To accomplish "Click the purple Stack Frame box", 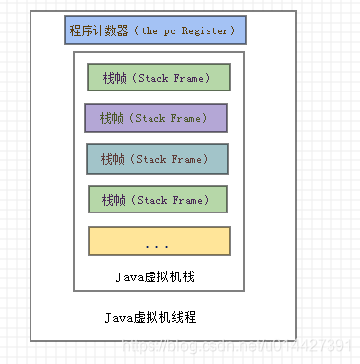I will click(155, 118).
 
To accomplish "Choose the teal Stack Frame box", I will click(156, 158).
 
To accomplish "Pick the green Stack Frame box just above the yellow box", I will click(157, 199).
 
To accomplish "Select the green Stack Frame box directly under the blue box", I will click(157, 78).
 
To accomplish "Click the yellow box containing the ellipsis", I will click(158, 241).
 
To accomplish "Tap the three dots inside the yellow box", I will click(157, 243).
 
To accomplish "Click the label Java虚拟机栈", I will click(157, 276).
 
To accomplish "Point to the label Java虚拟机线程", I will click(150, 317).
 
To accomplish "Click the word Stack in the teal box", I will click(151, 158).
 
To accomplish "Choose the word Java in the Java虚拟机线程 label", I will click(119, 317).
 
